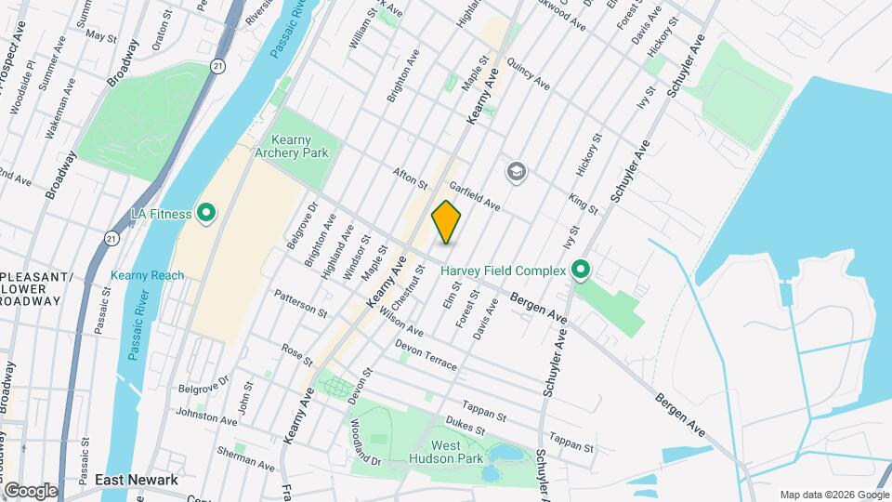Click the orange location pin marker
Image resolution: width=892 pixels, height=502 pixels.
click(446, 222)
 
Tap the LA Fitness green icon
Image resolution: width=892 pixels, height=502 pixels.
click(205, 214)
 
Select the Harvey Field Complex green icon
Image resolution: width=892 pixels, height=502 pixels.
click(582, 271)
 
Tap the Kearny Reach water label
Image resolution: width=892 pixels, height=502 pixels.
click(147, 275)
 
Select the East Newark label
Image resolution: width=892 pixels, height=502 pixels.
click(136, 480)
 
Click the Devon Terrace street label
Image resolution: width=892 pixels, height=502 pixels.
click(426, 354)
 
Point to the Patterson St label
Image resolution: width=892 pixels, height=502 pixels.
click(300, 304)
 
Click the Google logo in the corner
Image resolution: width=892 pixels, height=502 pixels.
click(30, 490)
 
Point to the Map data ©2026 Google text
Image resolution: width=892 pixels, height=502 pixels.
click(833, 495)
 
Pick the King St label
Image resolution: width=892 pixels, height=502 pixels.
click(583, 205)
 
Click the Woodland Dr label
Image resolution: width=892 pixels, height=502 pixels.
click(366, 442)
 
